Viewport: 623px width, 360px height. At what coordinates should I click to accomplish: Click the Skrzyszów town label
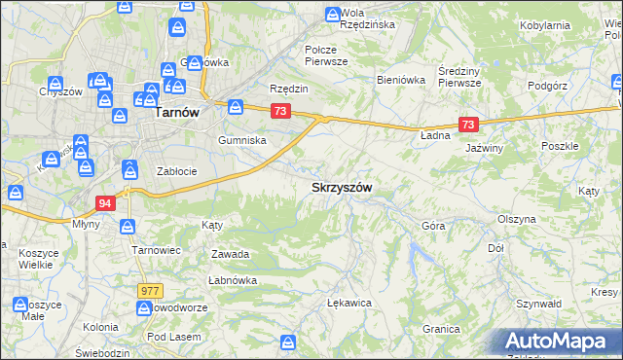pyautogui.click(x=341, y=187)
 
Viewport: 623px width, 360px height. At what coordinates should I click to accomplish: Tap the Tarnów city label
pyautogui.click(x=177, y=113)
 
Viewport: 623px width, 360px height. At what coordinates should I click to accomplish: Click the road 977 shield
pyautogui.click(x=149, y=290)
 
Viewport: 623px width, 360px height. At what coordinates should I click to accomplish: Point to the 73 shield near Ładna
pyautogui.click(x=469, y=125)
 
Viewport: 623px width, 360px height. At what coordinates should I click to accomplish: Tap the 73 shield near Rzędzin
pyautogui.click(x=280, y=112)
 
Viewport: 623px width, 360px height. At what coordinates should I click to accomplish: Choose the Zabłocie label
pyautogui.click(x=178, y=171)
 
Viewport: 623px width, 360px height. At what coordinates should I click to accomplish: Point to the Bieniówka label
pyautogui.click(x=402, y=81)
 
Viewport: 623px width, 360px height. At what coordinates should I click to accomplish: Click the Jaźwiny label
pyautogui.click(x=484, y=148)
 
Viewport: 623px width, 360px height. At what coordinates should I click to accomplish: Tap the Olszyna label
pyautogui.click(x=516, y=220)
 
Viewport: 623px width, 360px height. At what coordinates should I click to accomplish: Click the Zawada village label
pyautogui.click(x=231, y=255)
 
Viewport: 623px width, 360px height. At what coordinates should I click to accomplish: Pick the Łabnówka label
pyautogui.click(x=232, y=280)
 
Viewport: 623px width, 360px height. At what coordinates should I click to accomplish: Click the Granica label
pyautogui.click(x=441, y=329)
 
